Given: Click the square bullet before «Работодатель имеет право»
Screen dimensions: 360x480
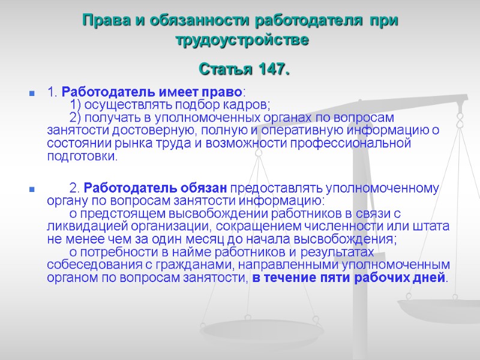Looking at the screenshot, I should (29, 94).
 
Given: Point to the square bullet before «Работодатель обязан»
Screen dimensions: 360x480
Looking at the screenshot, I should (29, 190).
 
